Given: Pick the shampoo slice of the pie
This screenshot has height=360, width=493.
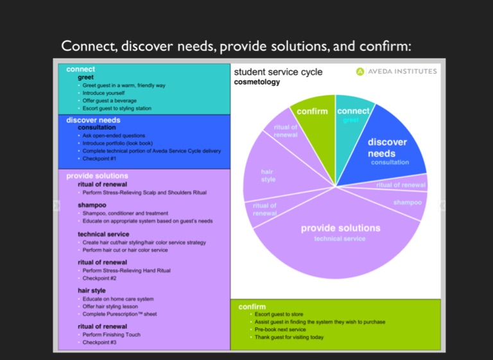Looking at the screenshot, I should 404,204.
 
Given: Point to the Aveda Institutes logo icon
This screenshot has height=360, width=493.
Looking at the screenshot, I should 360,71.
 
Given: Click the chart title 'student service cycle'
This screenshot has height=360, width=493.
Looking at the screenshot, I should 277,73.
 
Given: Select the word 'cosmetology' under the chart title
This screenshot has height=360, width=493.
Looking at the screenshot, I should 257,82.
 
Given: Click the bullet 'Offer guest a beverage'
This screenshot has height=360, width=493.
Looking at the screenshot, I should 109,101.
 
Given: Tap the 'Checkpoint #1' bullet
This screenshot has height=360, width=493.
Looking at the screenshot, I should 99,159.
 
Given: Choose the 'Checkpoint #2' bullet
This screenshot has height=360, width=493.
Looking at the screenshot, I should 99,279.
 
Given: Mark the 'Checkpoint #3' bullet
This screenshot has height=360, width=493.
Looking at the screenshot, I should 99,343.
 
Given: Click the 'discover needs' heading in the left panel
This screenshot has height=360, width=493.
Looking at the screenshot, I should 93,120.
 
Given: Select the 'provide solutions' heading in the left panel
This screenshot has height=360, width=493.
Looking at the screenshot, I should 97,176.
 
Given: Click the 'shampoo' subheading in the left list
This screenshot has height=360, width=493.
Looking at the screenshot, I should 92,205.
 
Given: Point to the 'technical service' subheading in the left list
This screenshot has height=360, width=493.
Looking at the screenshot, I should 103,234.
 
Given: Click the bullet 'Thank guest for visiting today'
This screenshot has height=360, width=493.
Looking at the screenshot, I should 289,338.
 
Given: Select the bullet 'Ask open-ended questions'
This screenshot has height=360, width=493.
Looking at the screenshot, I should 114,136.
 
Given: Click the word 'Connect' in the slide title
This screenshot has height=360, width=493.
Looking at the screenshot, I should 86,46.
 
